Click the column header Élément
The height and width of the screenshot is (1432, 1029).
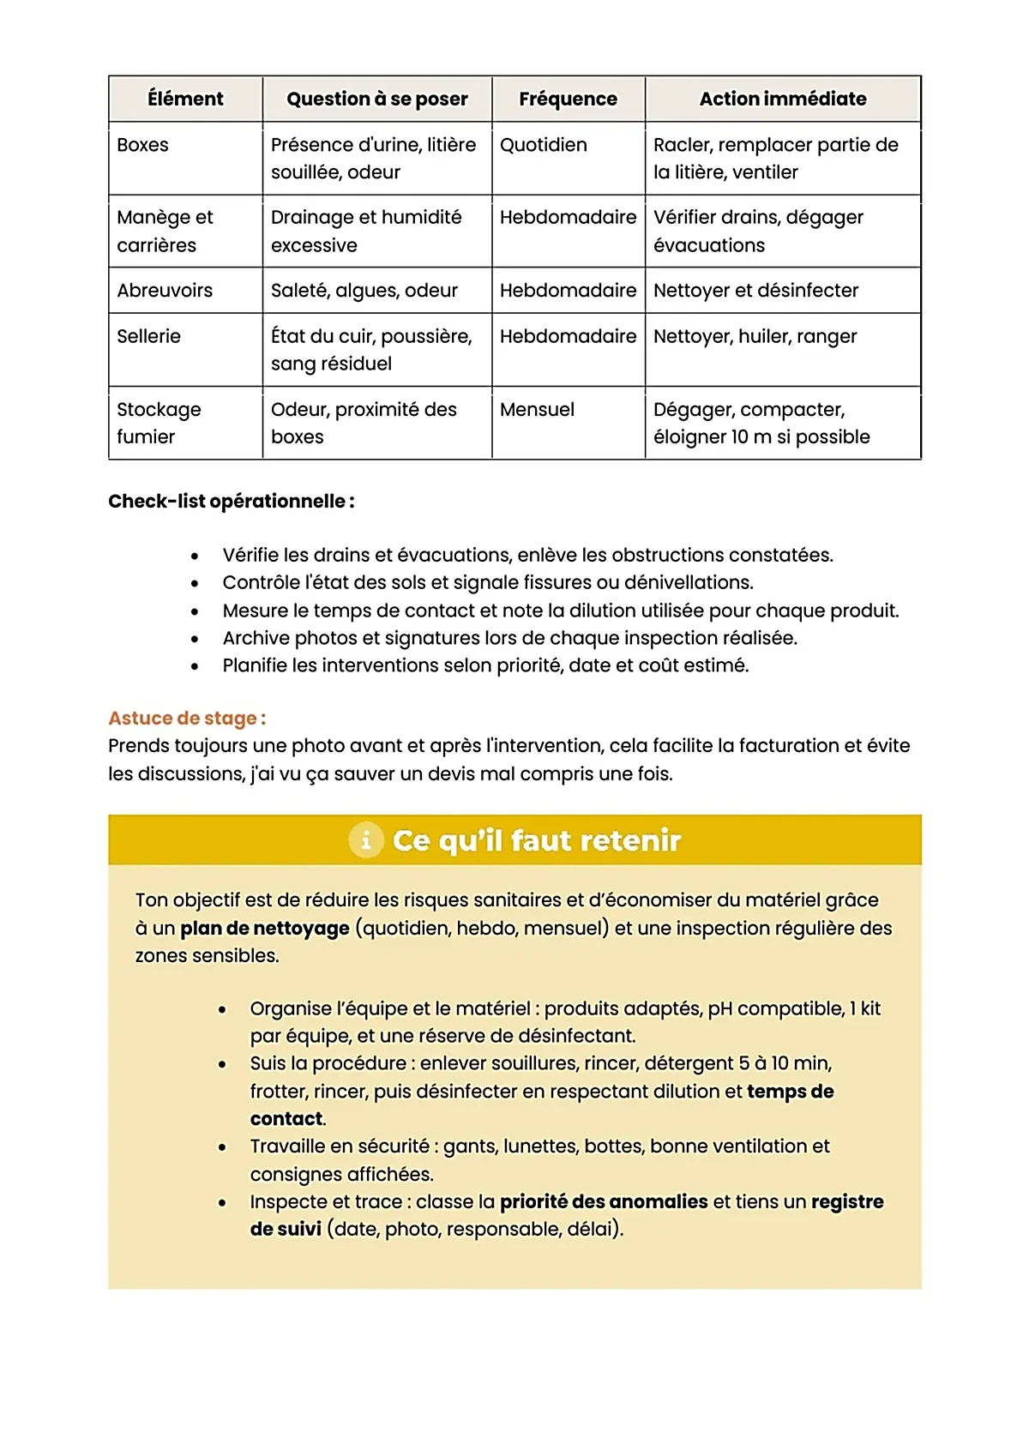[x=185, y=99]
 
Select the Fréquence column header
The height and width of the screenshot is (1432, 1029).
[x=568, y=99]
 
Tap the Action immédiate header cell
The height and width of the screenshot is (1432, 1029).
[x=782, y=99]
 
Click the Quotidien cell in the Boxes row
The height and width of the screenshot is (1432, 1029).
[x=543, y=145]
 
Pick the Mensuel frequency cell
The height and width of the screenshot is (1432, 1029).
[x=537, y=410]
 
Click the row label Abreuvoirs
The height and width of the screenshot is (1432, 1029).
[x=165, y=291]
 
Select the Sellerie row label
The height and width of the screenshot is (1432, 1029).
[x=148, y=336]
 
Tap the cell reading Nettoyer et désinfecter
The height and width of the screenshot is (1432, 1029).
[x=755, y=291]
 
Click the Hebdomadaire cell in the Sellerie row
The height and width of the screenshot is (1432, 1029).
[x=568, y=336]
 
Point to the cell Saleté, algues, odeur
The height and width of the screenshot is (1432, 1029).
[x=364, y=291]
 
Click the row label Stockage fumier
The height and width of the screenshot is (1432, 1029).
[x=159, y=423]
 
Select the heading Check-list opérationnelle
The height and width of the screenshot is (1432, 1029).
[x=231, y=502]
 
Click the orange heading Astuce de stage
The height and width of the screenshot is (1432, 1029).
[x=186, y=719]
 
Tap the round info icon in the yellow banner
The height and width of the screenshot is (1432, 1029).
[x=366, y=840]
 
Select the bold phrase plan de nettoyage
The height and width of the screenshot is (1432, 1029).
[x=264, y=929]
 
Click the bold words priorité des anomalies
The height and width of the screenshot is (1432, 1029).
[x=603, y=1202]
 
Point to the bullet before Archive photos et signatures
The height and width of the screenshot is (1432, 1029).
[x=195, y=640]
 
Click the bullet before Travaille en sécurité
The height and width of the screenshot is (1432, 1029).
[x=222, y=1147]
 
